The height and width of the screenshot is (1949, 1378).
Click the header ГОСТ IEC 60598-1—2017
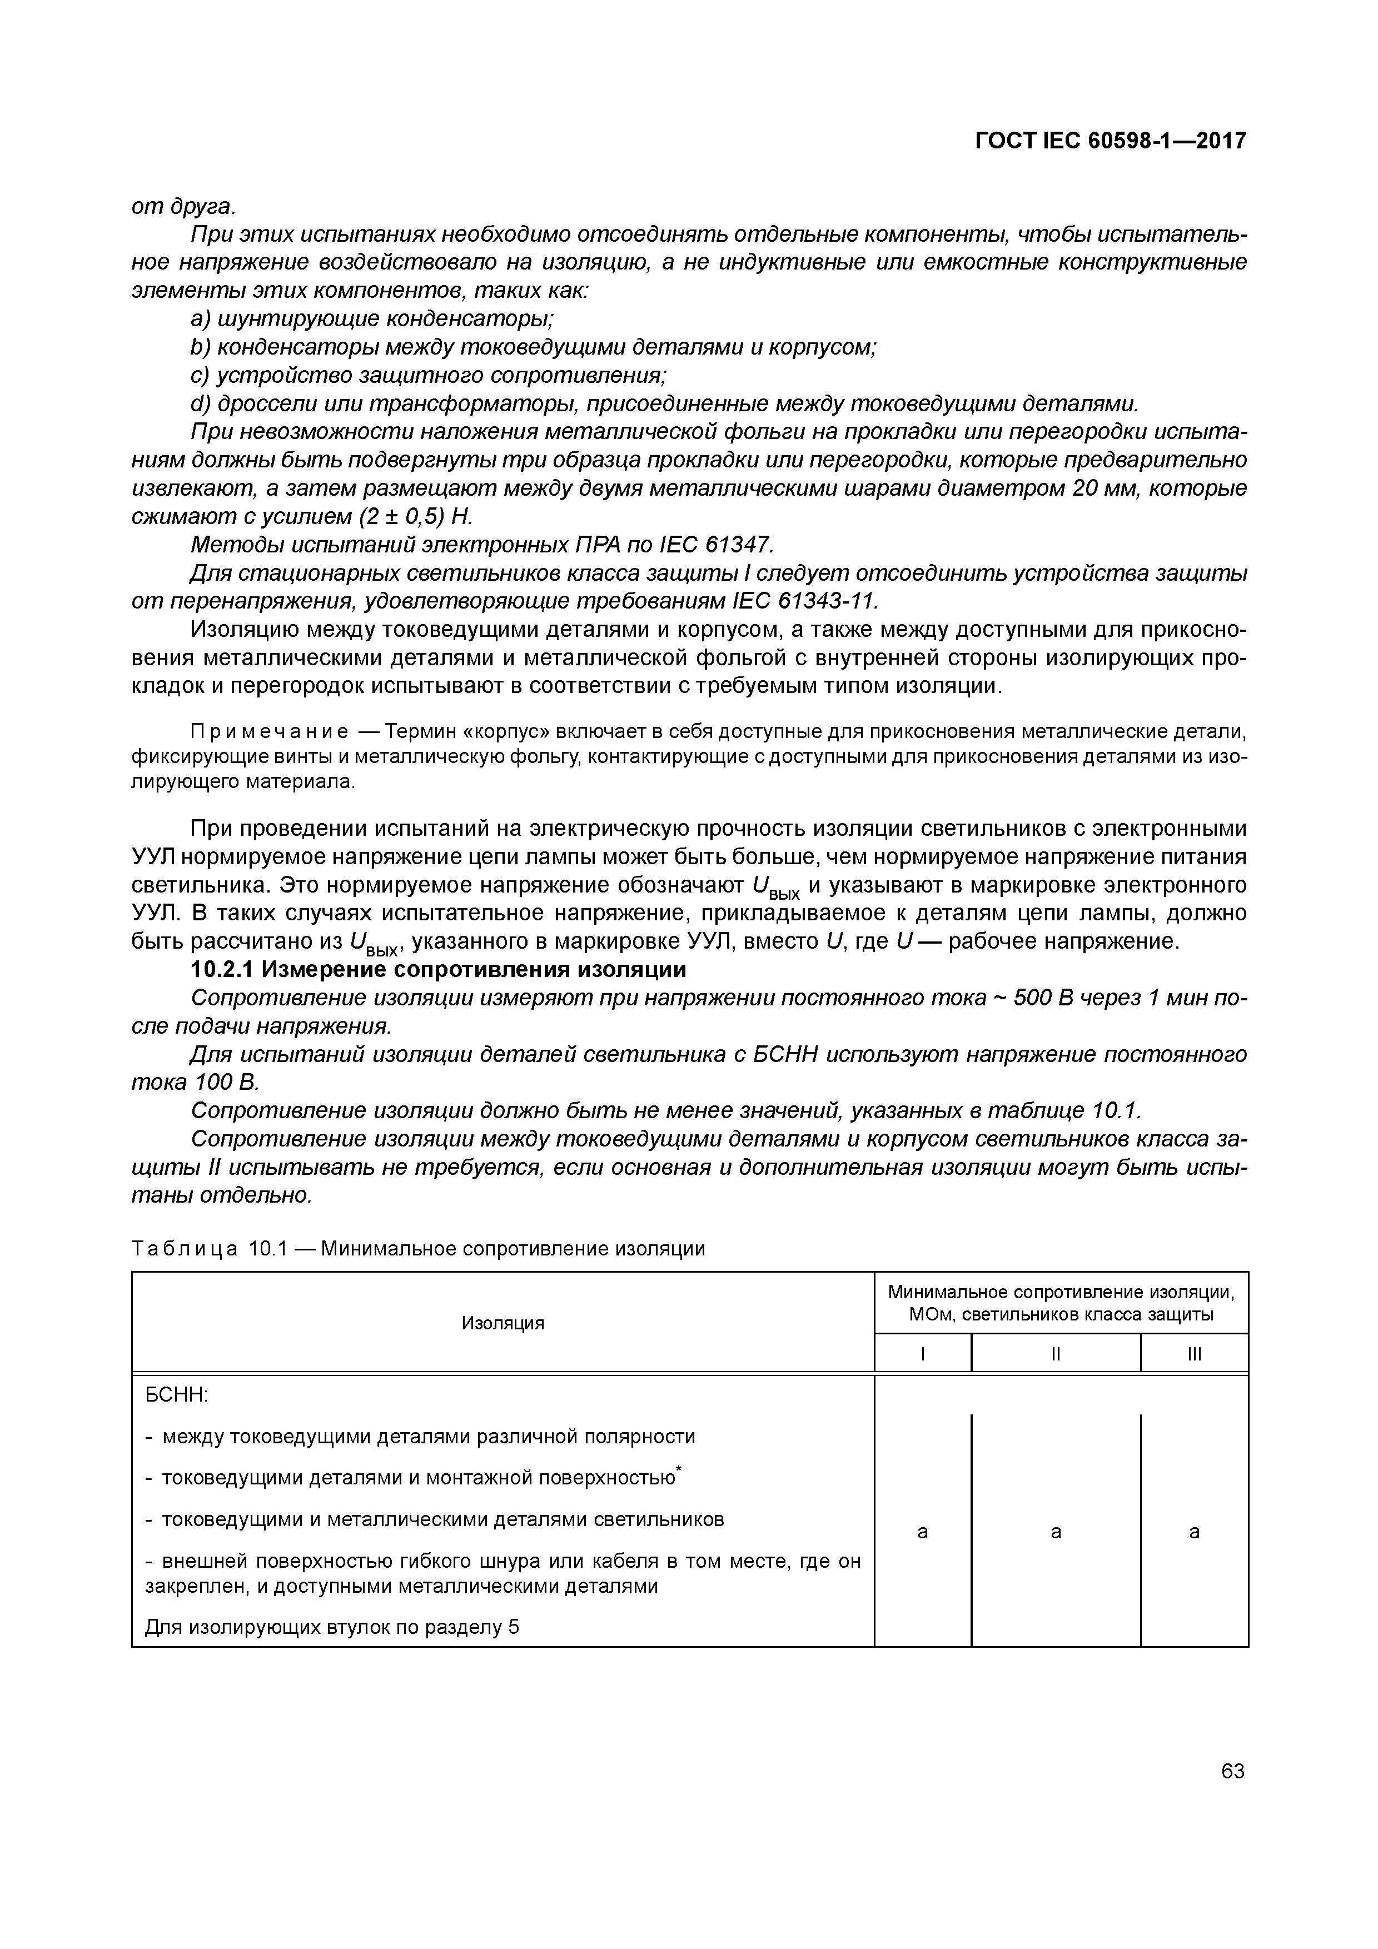coord(1110,141)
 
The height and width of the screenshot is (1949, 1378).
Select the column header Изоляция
coord(503,1323)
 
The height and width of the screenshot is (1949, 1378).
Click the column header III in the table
coord(1194,1355)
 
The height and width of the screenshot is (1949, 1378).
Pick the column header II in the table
coord(1056,1355)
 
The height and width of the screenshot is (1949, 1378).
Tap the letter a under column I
coord(922,1532)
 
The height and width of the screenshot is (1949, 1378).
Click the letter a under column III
coord(1194,1532)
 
